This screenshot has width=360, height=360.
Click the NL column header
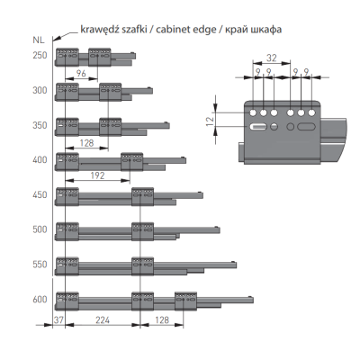[38, 40]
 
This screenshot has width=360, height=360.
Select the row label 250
[40, 56]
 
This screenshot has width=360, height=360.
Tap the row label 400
[40, 160]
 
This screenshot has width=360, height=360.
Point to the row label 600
[40, 300]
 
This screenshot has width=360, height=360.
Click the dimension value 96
[81, 73]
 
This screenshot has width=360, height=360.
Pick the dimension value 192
[97, 175]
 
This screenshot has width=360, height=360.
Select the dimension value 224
[103, 320]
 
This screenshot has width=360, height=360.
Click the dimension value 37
[58, 320]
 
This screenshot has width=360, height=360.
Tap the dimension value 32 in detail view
[272, 58]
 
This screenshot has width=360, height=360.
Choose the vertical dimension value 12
[211, 120]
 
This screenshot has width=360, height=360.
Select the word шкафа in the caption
[267, 30]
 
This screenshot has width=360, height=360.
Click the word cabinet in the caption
[173, 30]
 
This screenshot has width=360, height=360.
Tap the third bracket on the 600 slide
[185, 301]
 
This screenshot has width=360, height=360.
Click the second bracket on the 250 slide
[100, 57]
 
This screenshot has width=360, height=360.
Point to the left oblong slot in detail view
[258, 127]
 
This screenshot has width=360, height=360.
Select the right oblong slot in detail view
[306, 127]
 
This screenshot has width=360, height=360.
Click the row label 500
[40, 229]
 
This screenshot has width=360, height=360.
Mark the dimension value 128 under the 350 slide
[86, 143]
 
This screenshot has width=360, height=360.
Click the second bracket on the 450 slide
[143, 196]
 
